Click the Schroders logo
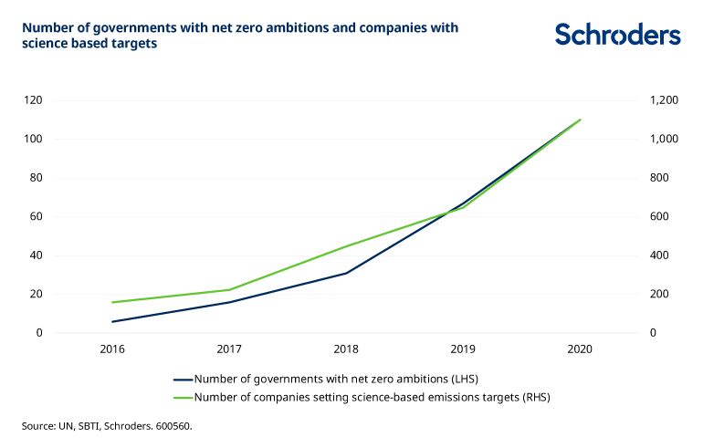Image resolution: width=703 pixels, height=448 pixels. coord(618,35)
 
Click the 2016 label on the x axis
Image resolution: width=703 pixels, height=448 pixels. coord(112,349)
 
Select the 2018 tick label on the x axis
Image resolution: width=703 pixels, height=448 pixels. coord(346,349)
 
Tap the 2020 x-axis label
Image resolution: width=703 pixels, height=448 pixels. coord(580,349)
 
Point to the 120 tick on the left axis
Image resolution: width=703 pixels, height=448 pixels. coord(34,100)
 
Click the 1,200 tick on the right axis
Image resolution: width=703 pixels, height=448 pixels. coord(663,100)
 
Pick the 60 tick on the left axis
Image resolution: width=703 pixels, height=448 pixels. coord(37,217)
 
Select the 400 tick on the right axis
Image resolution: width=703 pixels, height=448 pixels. coord(659,255)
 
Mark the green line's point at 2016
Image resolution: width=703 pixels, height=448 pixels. coord(112,302)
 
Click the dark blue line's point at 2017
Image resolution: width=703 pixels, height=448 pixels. coord(229,302)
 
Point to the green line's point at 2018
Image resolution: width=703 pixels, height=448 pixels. coord(346,246)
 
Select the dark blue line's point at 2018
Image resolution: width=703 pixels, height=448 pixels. coord(346,273)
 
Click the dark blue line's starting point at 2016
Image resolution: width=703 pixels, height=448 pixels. coord(112,321)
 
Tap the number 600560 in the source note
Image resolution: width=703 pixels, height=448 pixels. coord(172,425)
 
